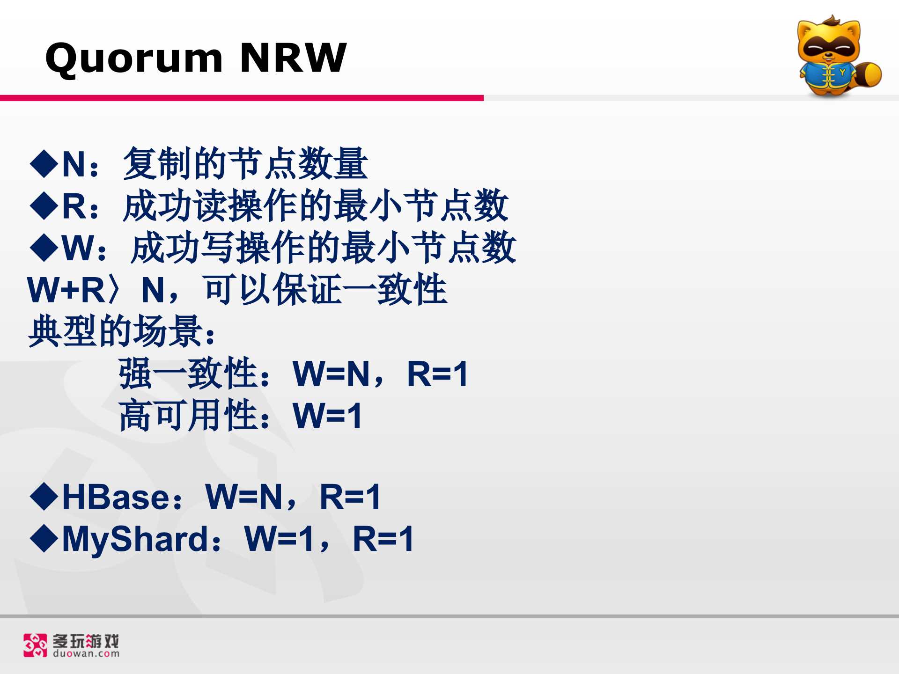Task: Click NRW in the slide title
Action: [x=293, y=58]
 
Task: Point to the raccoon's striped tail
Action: [x=868, y=74]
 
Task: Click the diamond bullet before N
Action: [x=44, y=163]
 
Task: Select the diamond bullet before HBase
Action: [x=44, y=496]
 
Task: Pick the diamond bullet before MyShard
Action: [x=44, y=538]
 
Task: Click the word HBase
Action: [x=117, y=497]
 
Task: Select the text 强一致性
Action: [x=188, y=374]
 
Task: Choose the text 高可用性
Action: [x=188, y=415]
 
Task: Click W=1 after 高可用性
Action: [x=327, y=416]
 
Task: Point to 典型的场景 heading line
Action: [x=122, y=331]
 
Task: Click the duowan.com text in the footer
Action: [x=86, y=653]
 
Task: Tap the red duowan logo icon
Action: [x=36, y=645]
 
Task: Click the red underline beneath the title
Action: [x=242, y=98]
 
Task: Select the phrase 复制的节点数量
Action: [x=245, y=163]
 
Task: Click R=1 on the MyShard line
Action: [x=383, y=539]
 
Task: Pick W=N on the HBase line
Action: [x=244, y=497]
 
